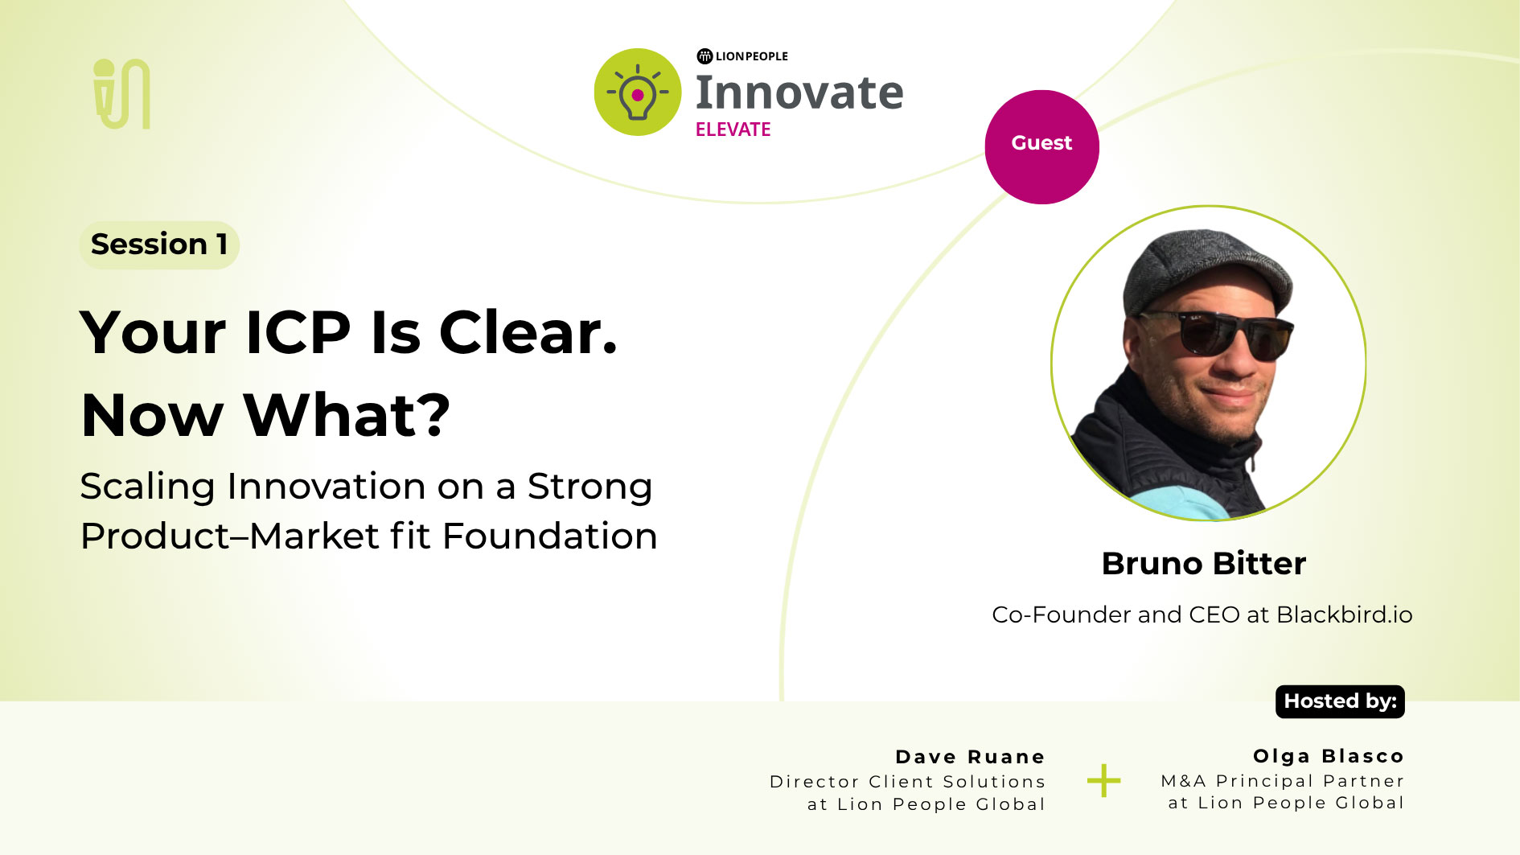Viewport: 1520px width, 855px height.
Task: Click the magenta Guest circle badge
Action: coord(1041,146)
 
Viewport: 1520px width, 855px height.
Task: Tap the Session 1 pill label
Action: coord(159,245)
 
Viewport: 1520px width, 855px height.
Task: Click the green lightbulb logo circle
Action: coord(638,92)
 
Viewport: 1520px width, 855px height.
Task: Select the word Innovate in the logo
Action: coord(799,92)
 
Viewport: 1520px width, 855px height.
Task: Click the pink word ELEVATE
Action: coord(733,129)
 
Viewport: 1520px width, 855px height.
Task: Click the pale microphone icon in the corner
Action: coord(121,93)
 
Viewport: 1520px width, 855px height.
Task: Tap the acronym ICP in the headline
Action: coord(298,332)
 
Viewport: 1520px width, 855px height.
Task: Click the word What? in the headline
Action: coord(347,415)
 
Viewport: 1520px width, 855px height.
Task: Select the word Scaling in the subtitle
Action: coord(147,487)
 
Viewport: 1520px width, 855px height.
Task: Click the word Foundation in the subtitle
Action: coord(549,536)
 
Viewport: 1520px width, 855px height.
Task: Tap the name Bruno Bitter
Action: coord(1203,563)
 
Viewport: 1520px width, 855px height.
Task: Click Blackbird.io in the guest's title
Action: coord(1344,615)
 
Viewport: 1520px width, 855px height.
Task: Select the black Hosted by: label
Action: coord(1340,701)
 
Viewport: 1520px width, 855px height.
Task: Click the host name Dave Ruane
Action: coord(970,757)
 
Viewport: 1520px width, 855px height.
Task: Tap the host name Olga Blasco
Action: coord(1328,756)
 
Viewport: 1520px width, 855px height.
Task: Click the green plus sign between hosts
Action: coord(1103,780)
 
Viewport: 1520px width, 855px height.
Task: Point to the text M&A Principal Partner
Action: coord(1282,781)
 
